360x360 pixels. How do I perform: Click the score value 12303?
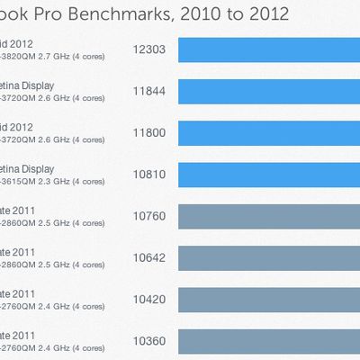(148, 49)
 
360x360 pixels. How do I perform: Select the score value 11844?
(148, 91)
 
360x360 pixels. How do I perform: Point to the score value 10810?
(148, 174)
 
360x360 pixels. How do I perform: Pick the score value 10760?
(148, 216)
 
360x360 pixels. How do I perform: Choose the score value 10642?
(148, 257)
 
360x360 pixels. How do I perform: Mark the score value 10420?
(148, 299)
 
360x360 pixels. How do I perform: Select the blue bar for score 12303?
(269, 49)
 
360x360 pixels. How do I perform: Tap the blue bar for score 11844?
(269, 91)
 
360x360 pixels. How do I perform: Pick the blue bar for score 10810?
(269, 174)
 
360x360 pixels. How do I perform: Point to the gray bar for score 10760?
(269, 216)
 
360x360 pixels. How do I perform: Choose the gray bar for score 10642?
(269, 257)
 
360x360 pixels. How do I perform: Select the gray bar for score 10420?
(269, 299)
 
